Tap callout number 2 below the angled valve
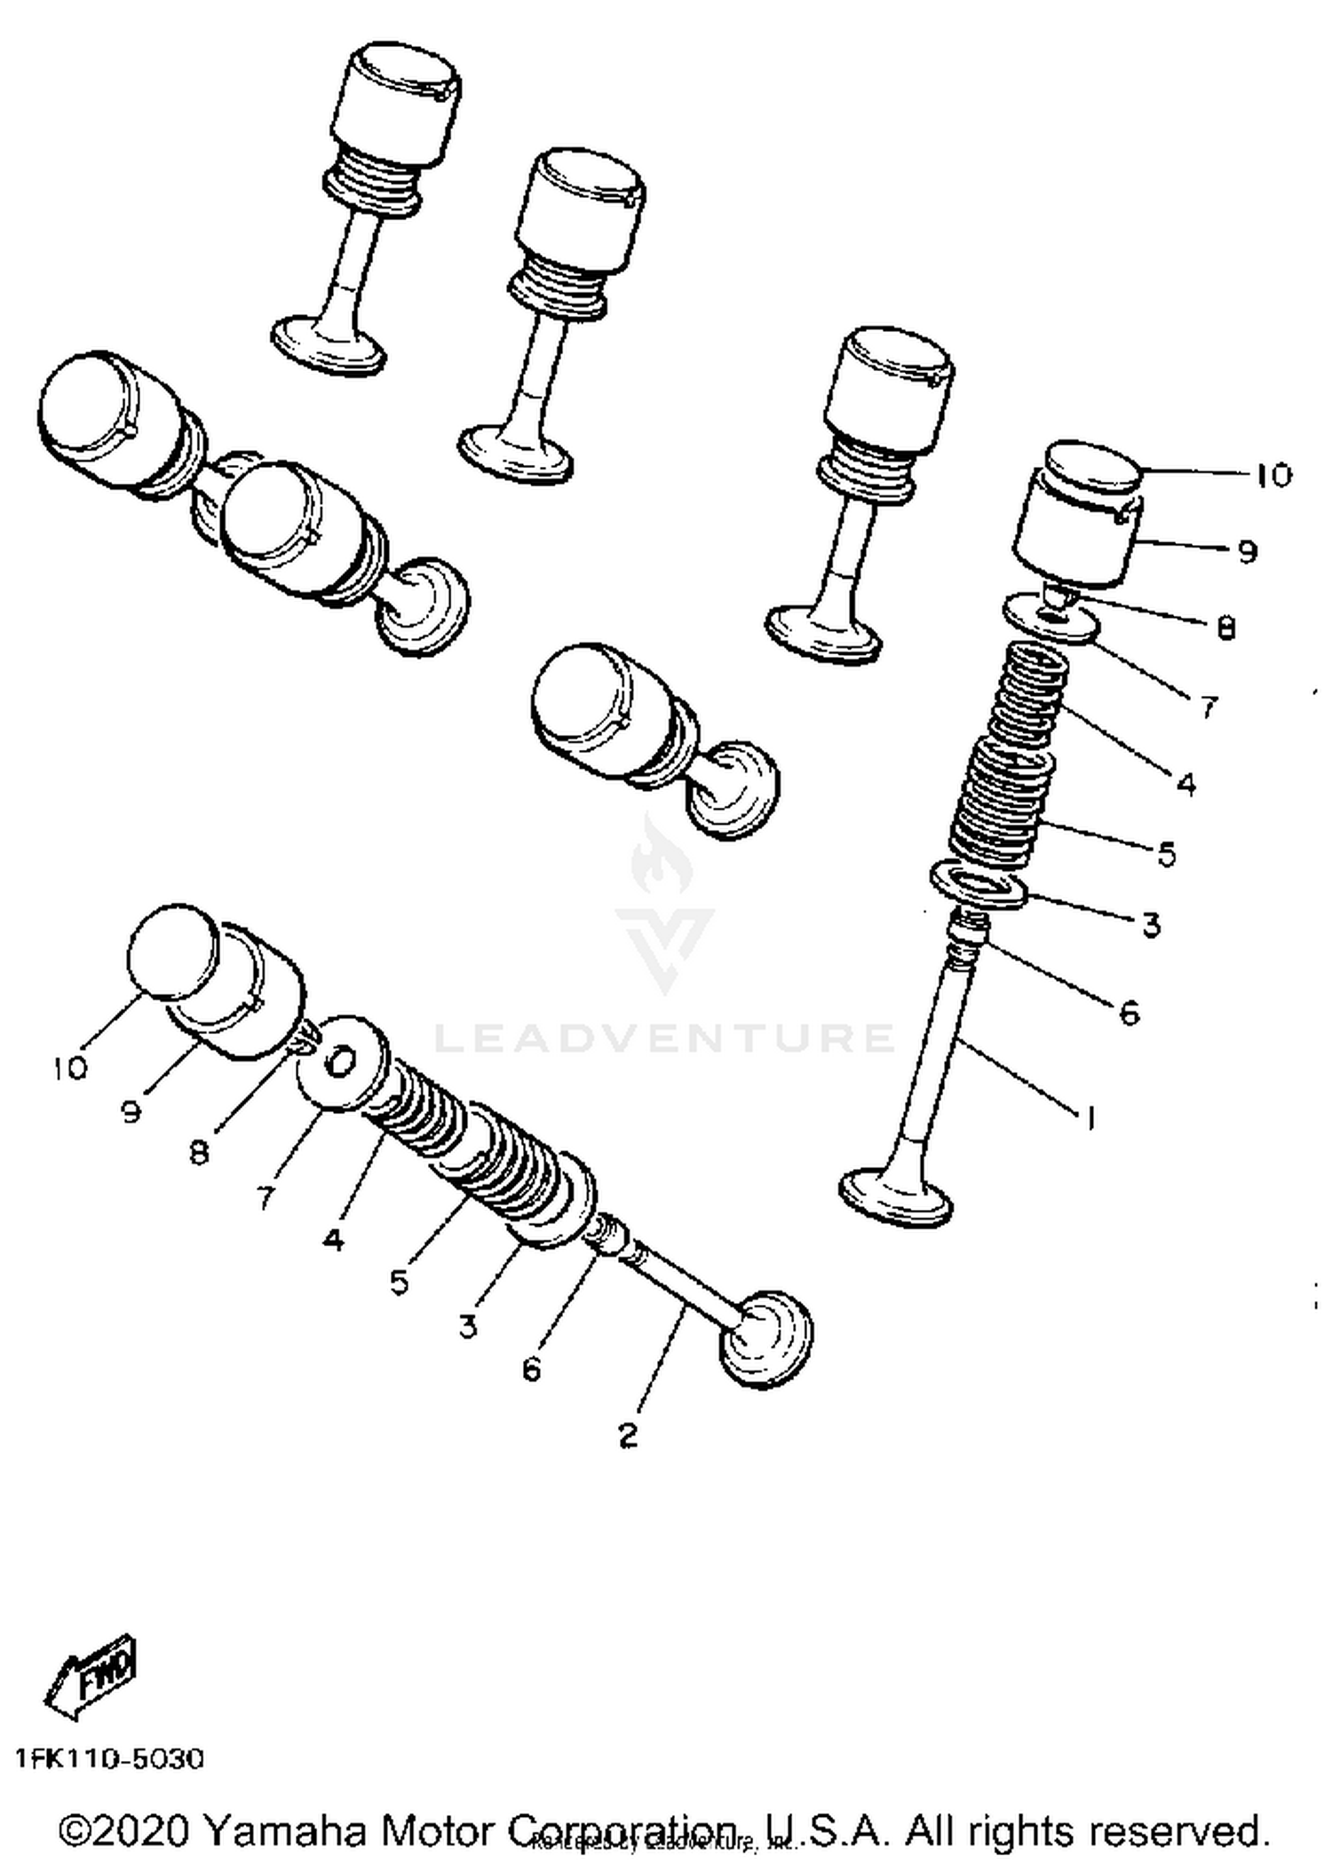tap(628, 1435)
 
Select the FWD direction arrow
tap(91, 1671)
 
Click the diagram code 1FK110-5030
tap(109, 1758)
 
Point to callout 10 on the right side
tap(1273, 476)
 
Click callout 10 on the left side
tap(70, 1069)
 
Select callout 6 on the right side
tap(1129, 1013)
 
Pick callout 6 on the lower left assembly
tap(531, 1370)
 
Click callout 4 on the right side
tap(1185, 784)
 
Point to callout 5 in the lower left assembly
tap(399, 1281)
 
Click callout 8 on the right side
tap(1225, 628)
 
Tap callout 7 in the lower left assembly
tap(266, 1197)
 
